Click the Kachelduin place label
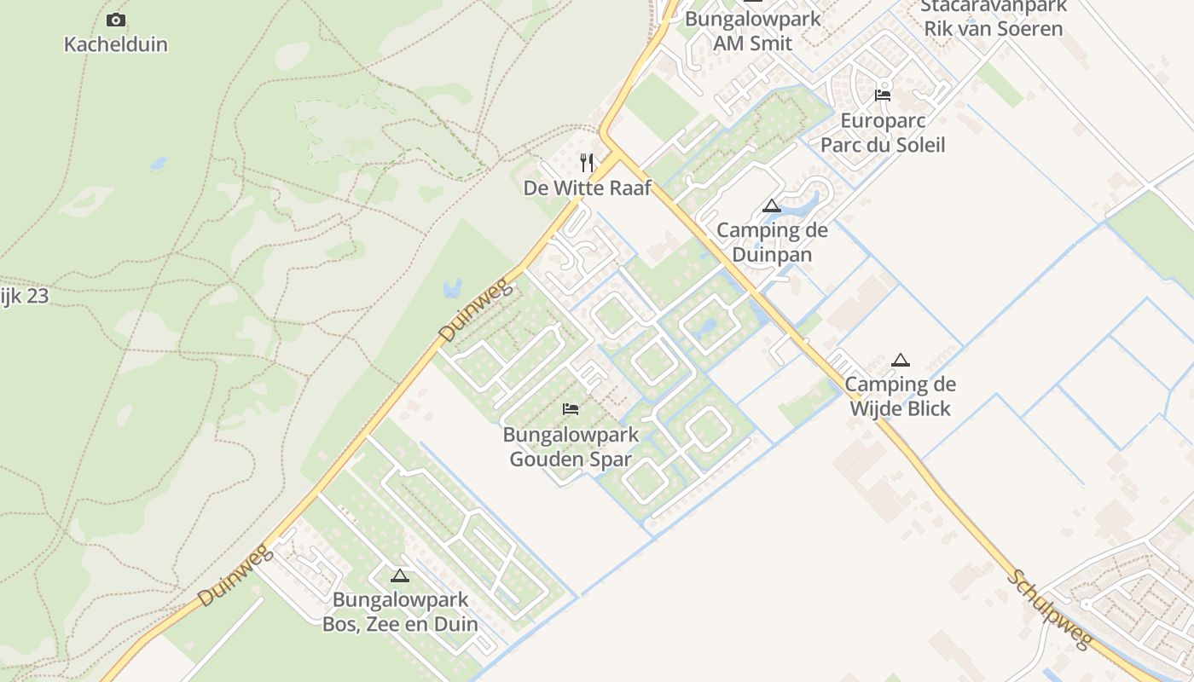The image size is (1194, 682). (x=116, y=44)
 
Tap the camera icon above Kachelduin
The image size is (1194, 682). (x=116, y=20)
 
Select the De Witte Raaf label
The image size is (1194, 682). (x=587, y=188)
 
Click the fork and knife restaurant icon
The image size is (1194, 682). (x=587, y=163)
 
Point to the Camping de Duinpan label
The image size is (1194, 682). (x=772, y=242)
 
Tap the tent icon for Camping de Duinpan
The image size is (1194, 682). (x=772, y=205)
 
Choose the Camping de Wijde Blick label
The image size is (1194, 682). (x=900, y=396)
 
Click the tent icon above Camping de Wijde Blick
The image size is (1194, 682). (x=900, y=360)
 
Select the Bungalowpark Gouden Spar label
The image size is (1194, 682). (x=571, y=447)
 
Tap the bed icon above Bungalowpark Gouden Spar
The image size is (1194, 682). (x=571, y=410)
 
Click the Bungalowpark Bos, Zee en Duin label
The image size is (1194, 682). (x=400, y=611)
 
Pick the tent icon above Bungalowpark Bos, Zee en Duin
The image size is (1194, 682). (x=400, y=575)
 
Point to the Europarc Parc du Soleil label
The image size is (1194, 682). (x=883, y=132)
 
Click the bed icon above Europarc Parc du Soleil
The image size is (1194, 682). (x=883, y=95)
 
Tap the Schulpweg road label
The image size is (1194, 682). (x=1049, y=609)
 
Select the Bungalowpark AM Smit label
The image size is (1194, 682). (x=753, y=31)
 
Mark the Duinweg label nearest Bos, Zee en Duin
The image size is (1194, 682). (x=235, y=577)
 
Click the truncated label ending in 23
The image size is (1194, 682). (x=24, y=297)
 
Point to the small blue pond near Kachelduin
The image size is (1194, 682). (x=159, y=163)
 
